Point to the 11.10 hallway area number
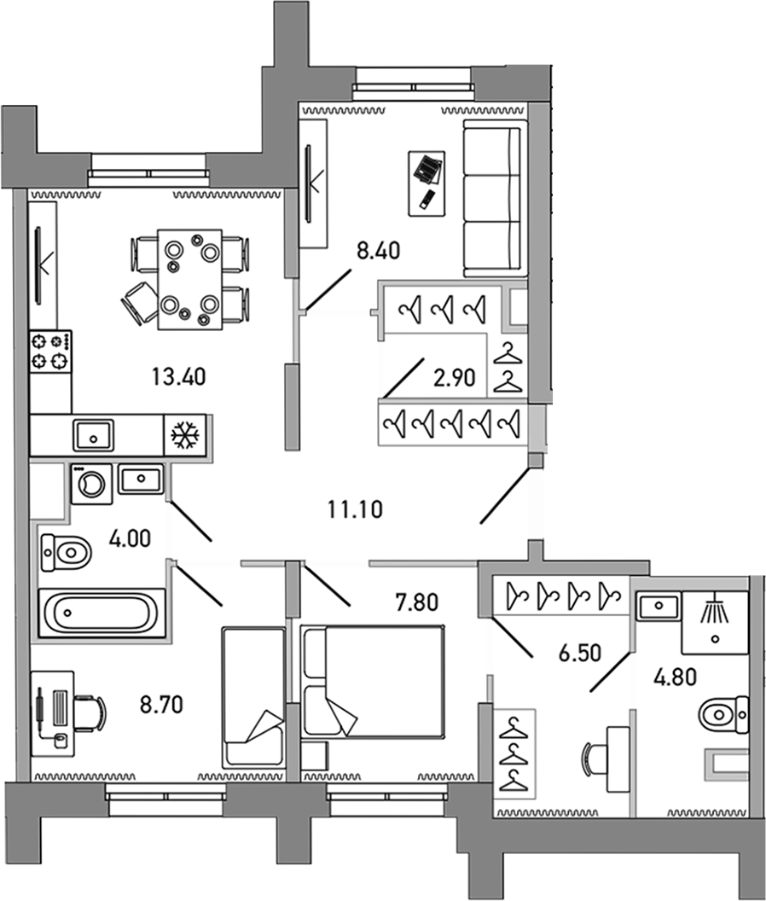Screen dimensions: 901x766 pos(354,510)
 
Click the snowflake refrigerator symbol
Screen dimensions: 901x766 pos(183,435)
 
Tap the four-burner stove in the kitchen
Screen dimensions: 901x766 pos(50,352)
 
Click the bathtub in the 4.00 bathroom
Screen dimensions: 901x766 pos(100,612)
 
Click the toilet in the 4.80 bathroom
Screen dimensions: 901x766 pos(722,713)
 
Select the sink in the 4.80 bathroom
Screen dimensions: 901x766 pos(659,607)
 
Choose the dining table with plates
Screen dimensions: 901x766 pos(189,278)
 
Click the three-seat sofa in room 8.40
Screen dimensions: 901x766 pos(491,199)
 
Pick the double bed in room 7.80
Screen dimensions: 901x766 pos(374,683)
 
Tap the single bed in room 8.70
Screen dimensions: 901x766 pos(252,695)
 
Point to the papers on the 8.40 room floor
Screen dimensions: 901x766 pos(427,167)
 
